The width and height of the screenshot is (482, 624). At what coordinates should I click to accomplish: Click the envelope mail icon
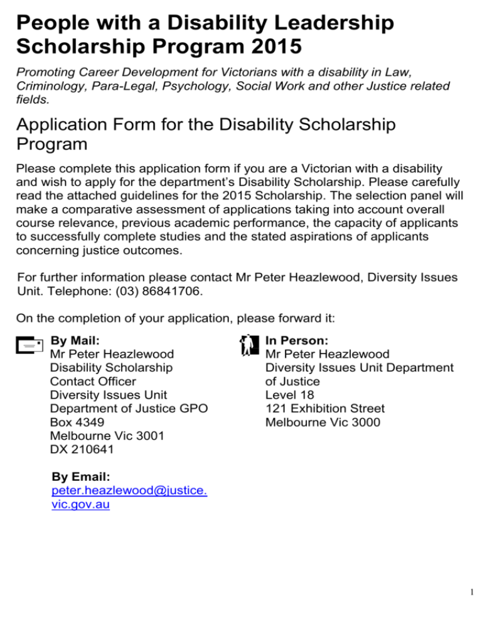[x=29, y=345]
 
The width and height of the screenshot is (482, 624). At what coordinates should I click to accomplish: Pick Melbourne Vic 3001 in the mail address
[x=107, y=436]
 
